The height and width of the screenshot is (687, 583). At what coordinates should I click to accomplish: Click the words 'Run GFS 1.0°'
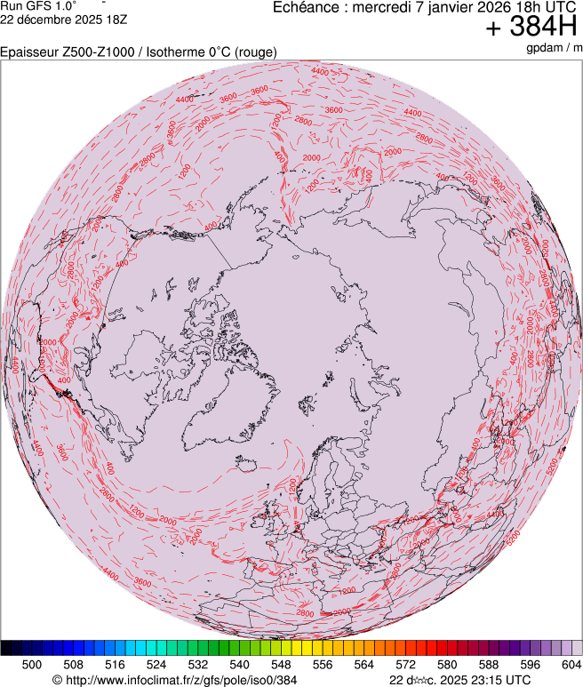(39, 5)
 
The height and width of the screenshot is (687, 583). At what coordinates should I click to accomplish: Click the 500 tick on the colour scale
(32, 664)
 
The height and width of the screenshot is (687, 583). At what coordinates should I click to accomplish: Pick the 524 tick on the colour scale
(156, 664)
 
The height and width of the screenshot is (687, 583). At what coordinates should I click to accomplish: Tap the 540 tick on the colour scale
(239, 664)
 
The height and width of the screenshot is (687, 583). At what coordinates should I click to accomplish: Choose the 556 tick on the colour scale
(323, 664)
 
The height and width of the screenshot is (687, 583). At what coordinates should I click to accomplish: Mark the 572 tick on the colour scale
(405, 664)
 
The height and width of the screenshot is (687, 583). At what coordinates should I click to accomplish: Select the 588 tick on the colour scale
(488, 664)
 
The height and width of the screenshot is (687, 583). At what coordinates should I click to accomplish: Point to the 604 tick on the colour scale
(571, 664)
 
